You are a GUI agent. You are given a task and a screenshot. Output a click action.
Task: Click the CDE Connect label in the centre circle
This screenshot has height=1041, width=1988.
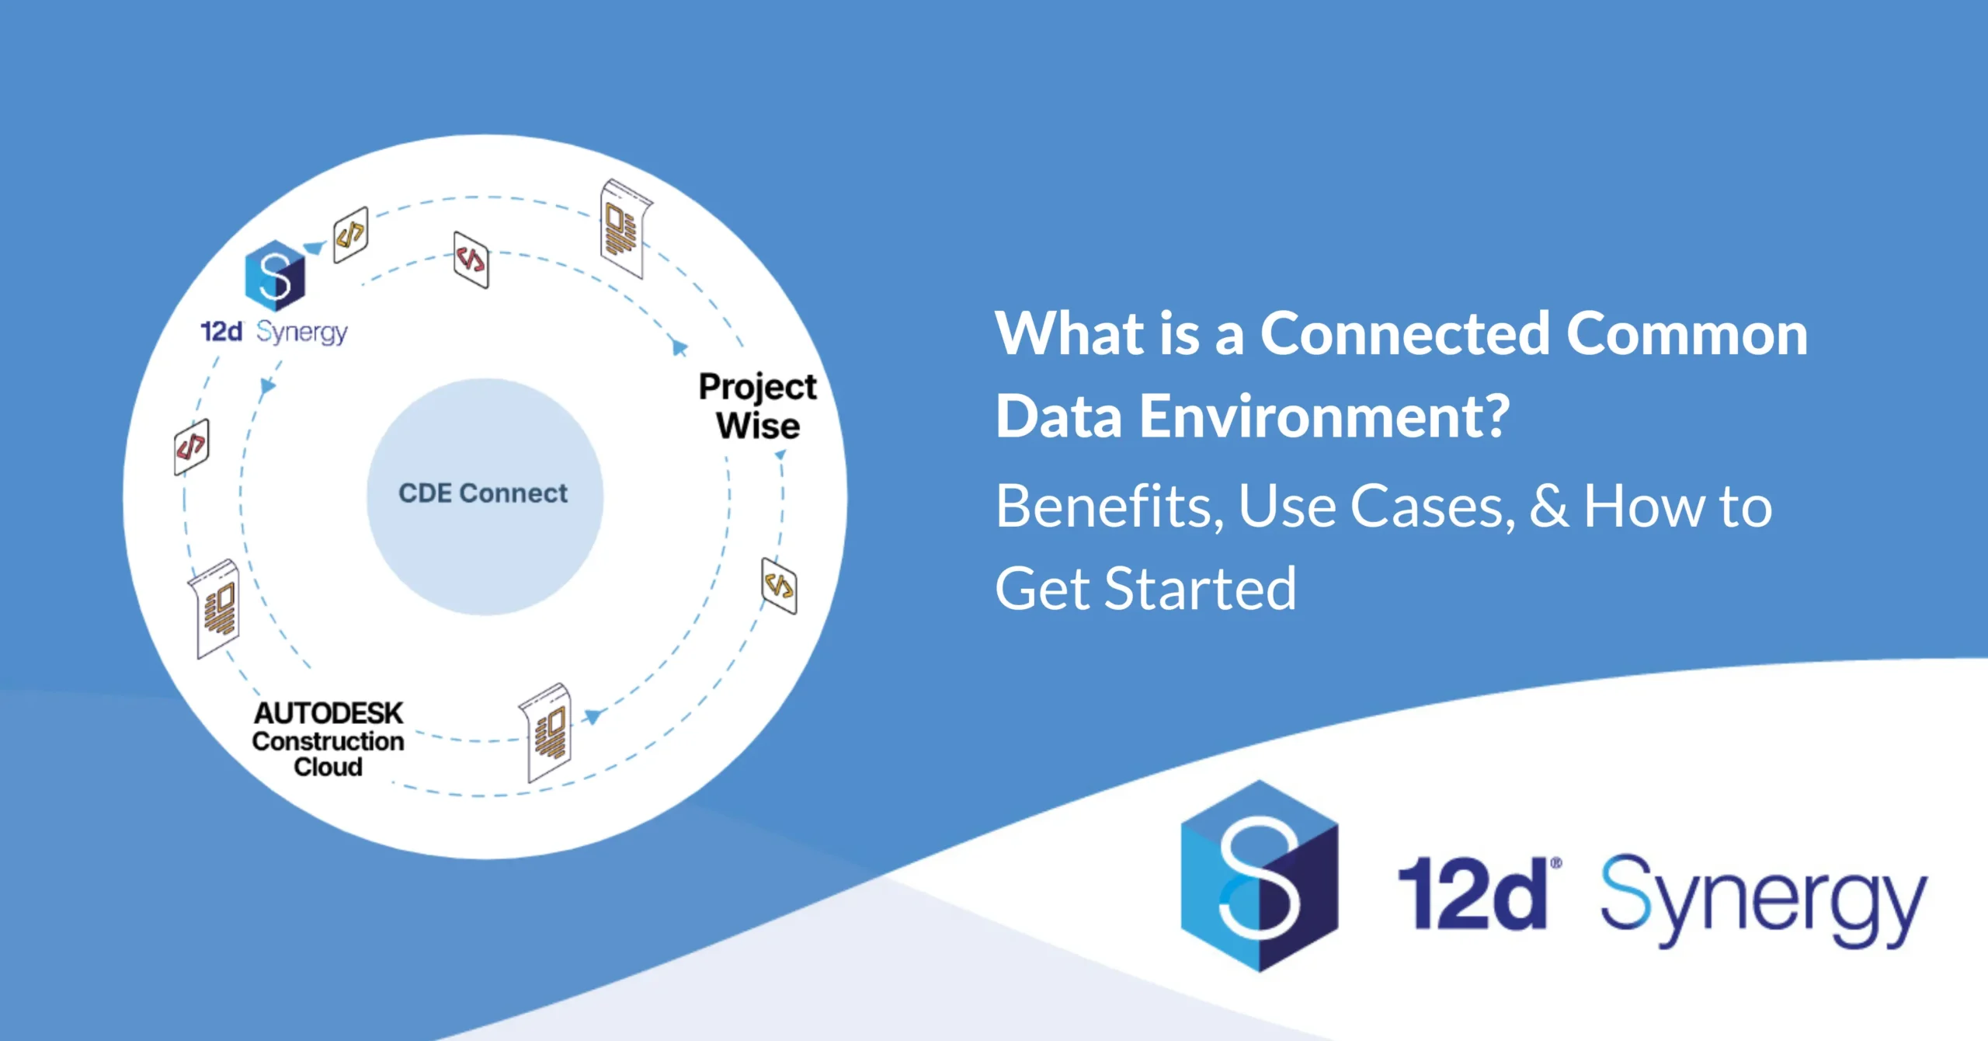click(483, 493)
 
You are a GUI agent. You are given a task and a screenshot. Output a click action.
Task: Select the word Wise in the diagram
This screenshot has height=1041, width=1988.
click(758, 426)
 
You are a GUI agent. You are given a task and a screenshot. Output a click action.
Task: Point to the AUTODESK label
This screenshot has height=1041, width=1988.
click(328, 713)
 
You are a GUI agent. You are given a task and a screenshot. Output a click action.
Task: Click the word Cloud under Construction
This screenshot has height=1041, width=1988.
click(328, 767)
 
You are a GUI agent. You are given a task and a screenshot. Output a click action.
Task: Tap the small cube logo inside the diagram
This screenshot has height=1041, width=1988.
click(275, 276)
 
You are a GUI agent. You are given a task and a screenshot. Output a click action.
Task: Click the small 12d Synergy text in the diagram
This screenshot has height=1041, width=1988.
click(274, 332)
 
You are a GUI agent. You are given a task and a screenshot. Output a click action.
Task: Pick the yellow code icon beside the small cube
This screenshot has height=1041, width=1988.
click(350, 234)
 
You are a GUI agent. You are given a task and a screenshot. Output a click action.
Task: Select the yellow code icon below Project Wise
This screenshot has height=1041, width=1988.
click(779, 585)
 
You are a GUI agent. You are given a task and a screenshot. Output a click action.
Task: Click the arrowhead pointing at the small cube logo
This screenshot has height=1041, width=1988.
click(315, 248)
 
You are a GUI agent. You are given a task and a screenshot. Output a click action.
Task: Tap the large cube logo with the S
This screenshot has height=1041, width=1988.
click(1259, 876)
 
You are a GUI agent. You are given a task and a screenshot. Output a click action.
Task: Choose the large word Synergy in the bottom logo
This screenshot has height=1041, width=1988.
click(1764, 901)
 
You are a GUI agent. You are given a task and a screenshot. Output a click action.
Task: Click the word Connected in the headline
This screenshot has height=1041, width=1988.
click(1405, 333)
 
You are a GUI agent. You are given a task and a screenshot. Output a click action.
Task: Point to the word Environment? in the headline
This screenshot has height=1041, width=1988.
click(1325, 416)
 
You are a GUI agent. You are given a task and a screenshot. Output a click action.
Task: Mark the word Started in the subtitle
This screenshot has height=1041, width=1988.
click(1200, 589)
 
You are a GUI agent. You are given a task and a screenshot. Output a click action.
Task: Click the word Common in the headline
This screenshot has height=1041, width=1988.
click(1687, 333)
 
